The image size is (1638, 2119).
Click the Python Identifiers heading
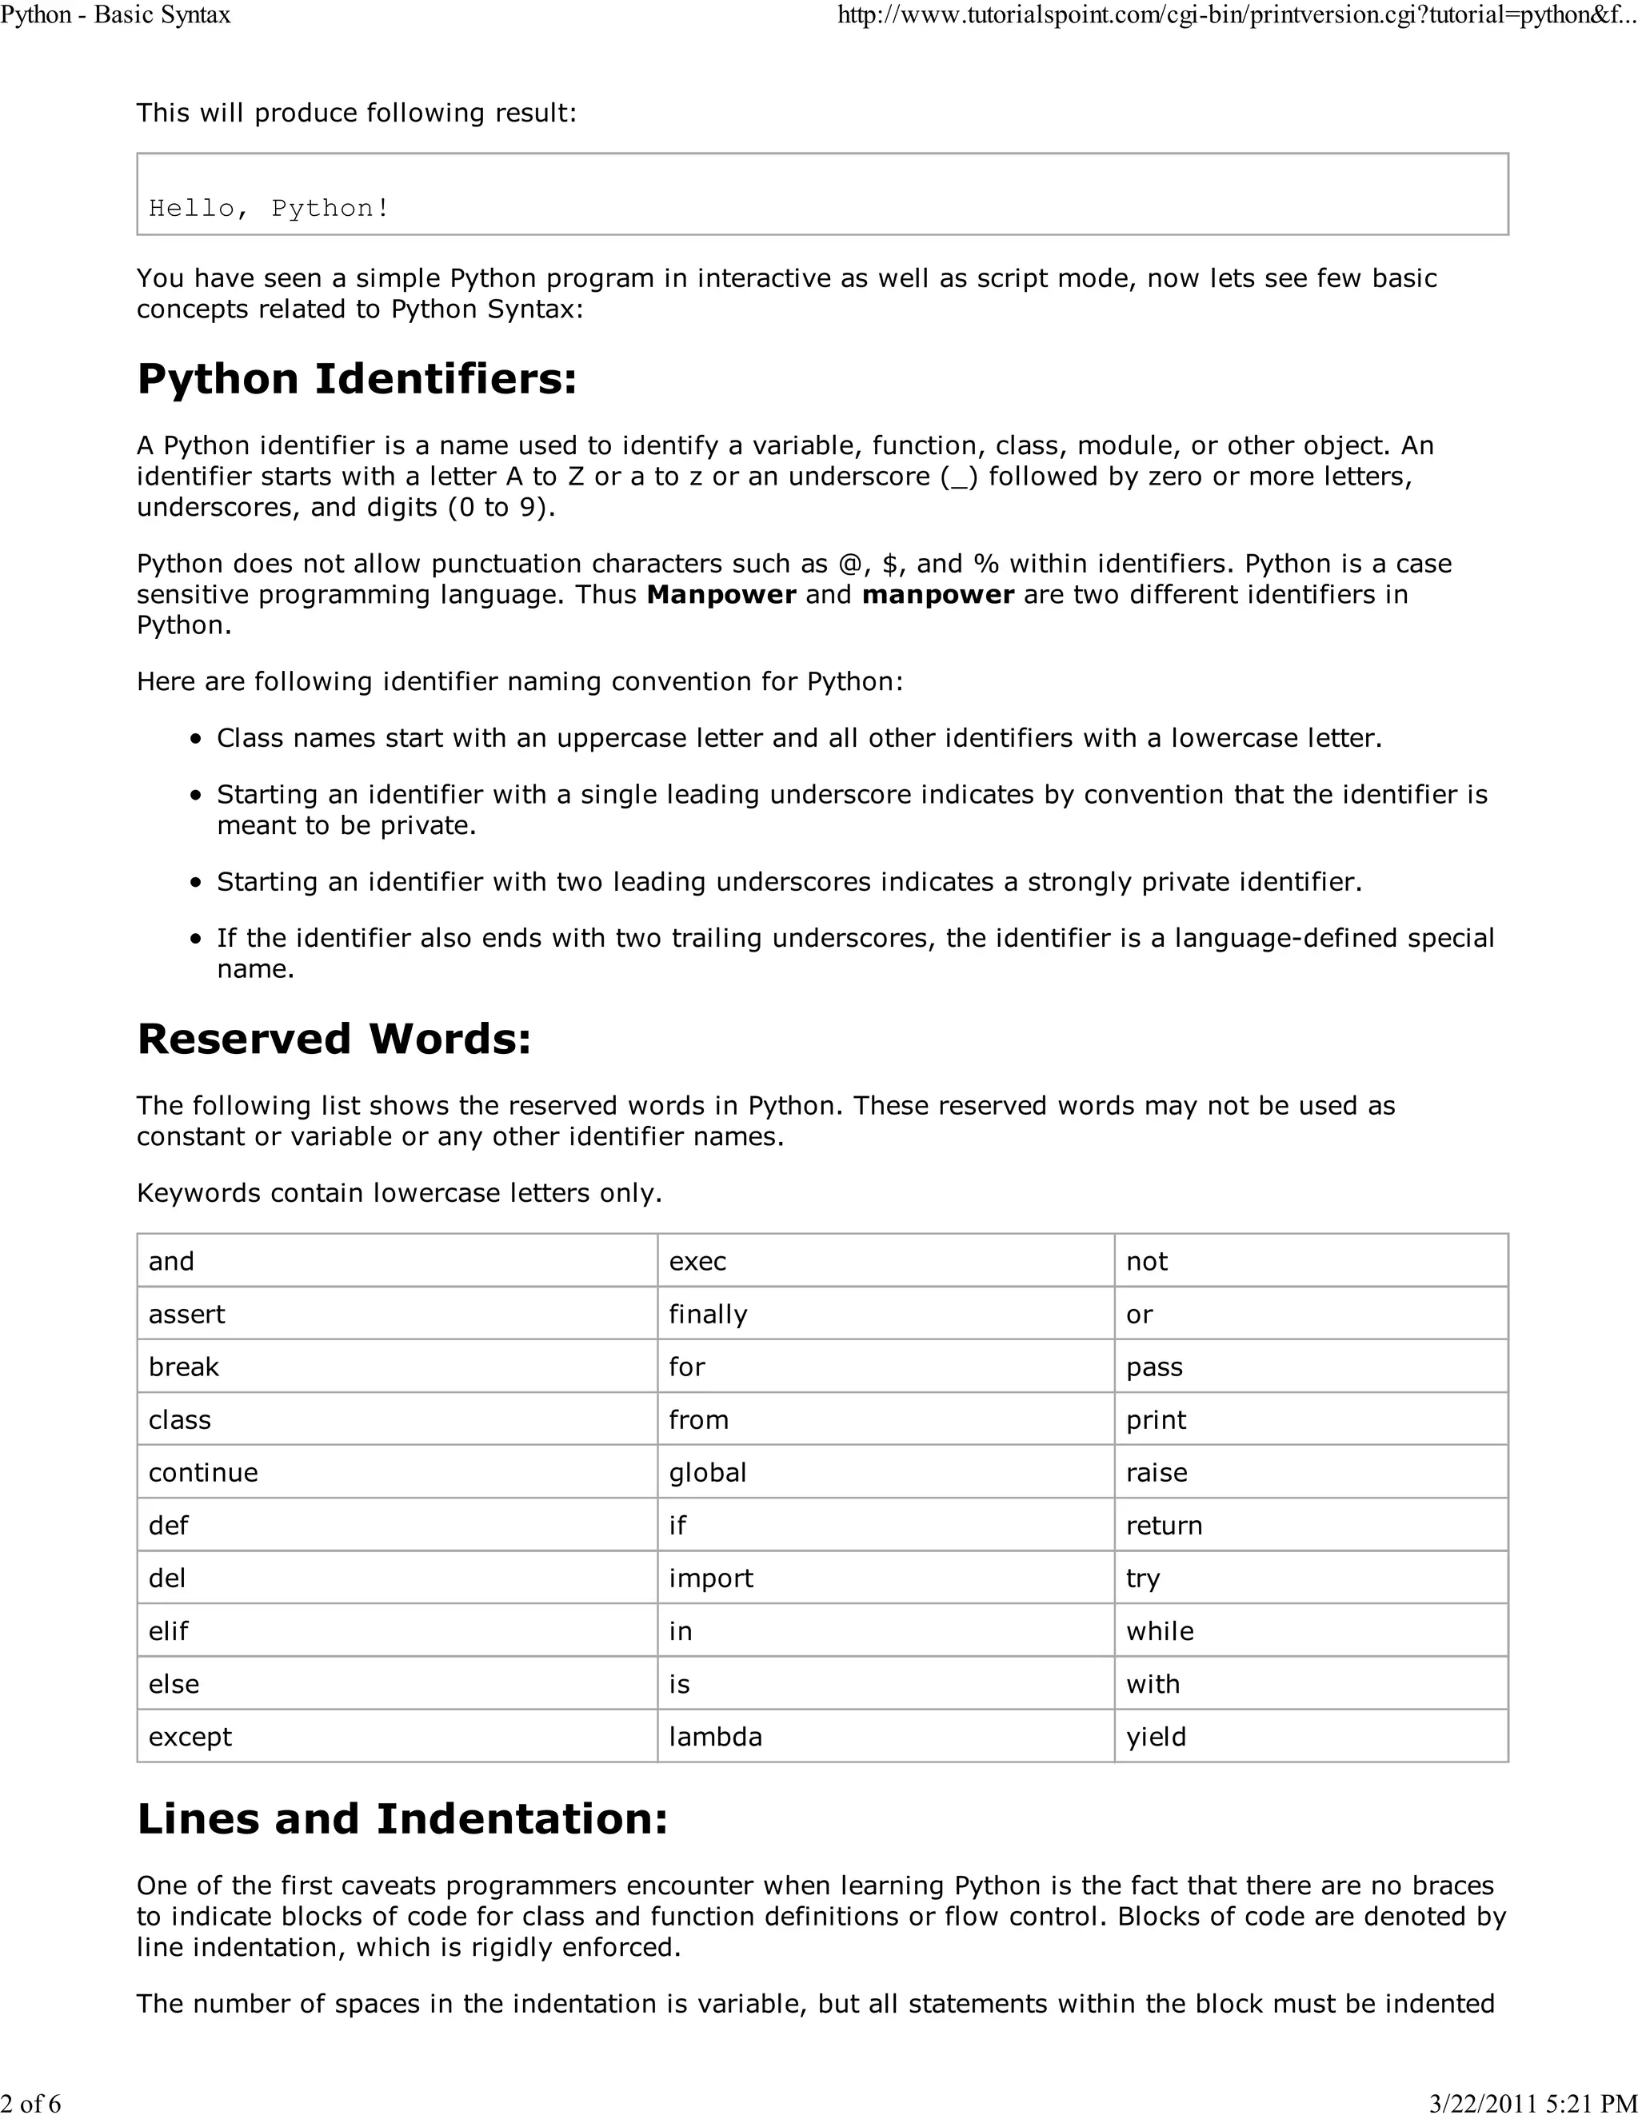[356, 378]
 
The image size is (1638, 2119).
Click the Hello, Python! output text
[269, 209]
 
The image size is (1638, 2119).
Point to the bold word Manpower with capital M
[721, 595]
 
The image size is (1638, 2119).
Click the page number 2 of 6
[31, 2104]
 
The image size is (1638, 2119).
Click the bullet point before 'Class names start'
[197, 740]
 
